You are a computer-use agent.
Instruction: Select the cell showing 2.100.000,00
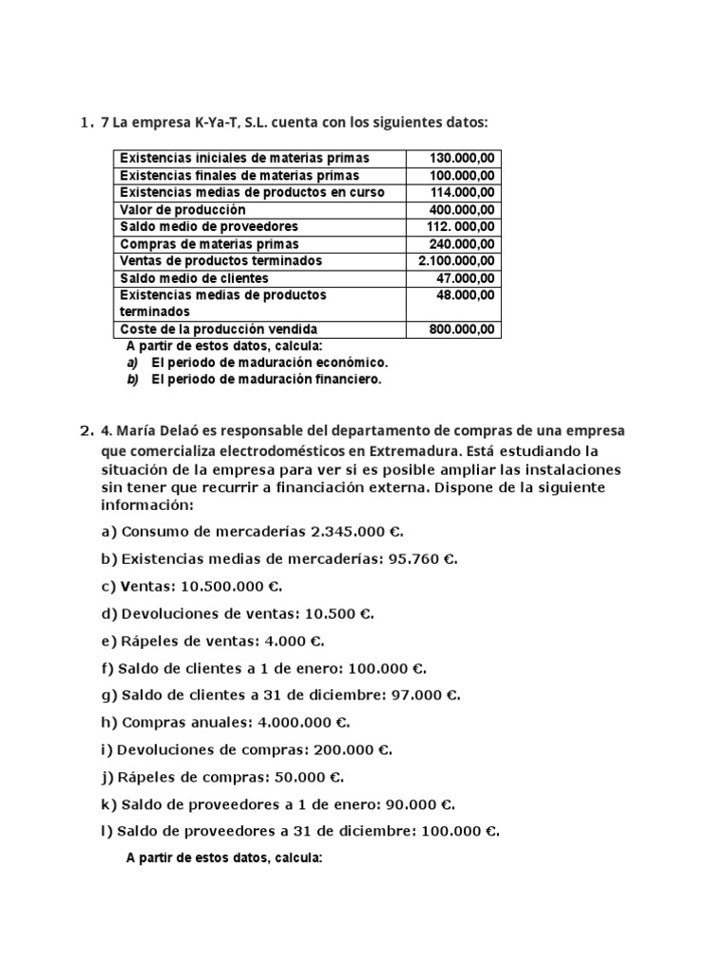click(456, 260)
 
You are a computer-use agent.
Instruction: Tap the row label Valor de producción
click(182, 209)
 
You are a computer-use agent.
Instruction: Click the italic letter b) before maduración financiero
click(133, 379)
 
